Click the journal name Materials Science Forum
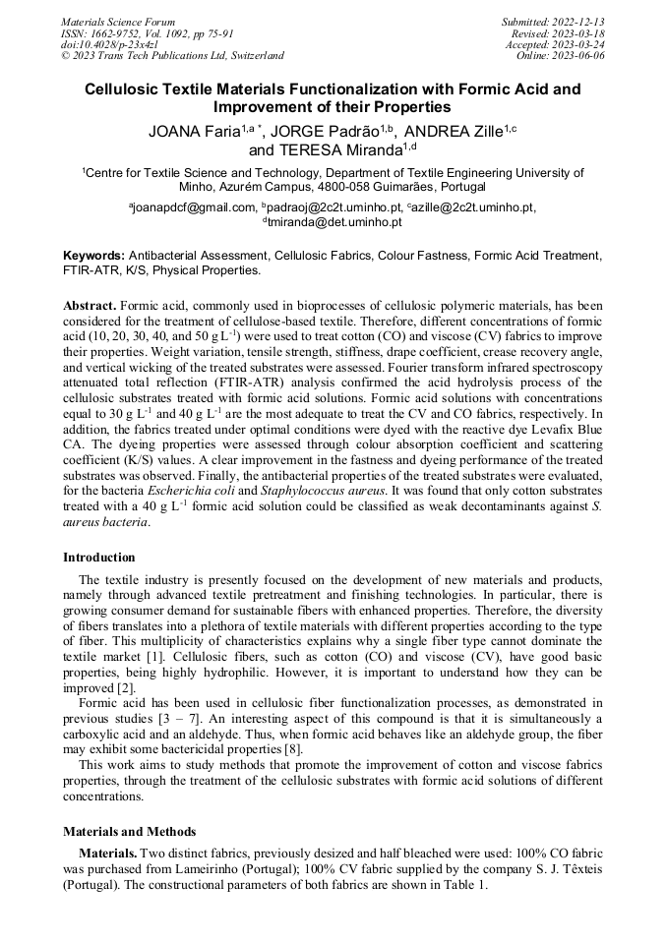click(x=118, y=22)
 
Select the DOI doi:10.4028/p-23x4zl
click(x=109, y=44)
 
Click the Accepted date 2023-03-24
click(x=555, y=44)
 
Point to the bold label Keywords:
click(x=94, y=255)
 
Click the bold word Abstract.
click(x=90, y=306)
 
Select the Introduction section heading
click(x=99, y=558)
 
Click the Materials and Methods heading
click(x=129, y=832)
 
